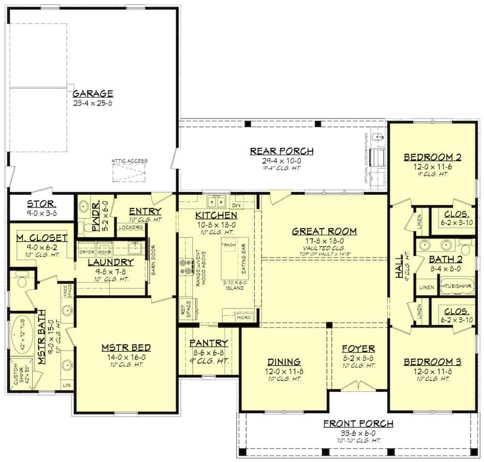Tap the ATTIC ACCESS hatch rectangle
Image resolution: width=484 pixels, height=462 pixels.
[129, 173]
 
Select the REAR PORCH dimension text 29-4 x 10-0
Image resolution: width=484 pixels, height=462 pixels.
[281, 161]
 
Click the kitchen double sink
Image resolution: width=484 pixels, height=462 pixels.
[216, 201]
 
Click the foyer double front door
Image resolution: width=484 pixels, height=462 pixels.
[358, 386]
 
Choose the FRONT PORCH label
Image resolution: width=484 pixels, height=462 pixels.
[358, 424]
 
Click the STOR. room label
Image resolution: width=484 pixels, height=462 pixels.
[40, 203]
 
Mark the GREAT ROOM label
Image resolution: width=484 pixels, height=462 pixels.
[324, 231]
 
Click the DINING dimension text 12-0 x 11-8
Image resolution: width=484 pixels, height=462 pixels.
[283, 371]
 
